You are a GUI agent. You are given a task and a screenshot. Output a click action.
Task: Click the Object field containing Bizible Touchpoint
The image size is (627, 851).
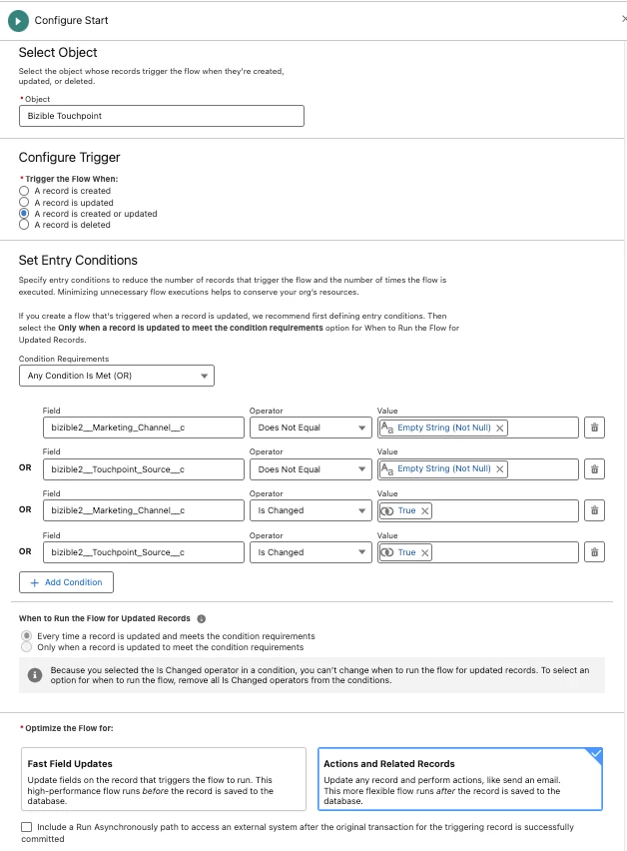161,116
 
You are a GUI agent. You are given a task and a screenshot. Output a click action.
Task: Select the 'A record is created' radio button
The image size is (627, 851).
24,191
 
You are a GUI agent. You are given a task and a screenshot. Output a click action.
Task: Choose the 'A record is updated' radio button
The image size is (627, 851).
24,202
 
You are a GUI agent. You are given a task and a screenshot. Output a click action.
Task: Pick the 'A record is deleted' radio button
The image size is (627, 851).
24,225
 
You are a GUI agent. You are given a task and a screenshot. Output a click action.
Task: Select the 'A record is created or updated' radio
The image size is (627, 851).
24,214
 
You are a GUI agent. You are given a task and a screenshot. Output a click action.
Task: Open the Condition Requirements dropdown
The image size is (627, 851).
116,376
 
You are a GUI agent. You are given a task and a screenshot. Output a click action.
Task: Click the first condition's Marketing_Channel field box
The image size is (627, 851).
143,427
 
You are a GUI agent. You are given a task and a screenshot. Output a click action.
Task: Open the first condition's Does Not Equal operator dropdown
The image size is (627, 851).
312,427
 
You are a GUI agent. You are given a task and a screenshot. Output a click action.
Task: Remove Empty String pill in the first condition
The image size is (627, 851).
500,427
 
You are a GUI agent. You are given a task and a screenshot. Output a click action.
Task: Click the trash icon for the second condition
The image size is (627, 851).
594,469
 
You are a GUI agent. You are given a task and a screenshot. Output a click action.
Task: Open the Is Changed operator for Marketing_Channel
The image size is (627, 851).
312,510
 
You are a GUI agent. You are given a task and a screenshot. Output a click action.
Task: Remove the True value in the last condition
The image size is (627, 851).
424,552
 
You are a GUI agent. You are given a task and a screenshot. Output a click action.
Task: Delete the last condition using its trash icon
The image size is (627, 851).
594,552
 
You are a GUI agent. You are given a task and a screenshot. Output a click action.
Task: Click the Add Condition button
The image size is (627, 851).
66,582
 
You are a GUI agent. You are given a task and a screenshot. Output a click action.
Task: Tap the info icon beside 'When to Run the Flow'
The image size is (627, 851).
202,618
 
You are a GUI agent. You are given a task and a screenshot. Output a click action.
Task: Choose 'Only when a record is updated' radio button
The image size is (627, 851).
27,647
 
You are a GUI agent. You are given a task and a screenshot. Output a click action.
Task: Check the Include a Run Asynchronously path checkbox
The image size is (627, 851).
25,827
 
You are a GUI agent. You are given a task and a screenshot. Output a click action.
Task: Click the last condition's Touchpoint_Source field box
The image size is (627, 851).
143,552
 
